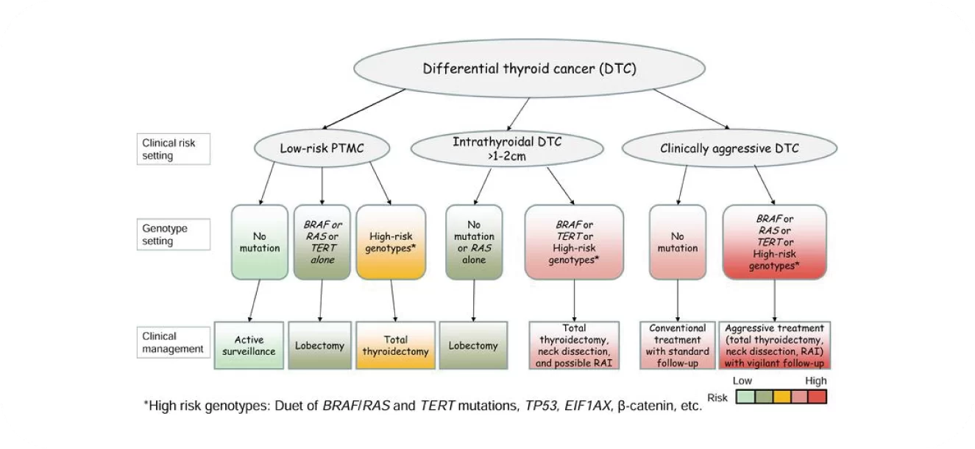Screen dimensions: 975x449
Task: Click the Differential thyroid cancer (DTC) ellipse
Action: point(529,68)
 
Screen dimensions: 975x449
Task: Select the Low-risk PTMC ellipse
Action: point(322,148)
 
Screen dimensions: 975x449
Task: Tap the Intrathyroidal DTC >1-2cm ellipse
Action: point(507,149)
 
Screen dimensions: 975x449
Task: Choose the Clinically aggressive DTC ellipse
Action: point(729,148)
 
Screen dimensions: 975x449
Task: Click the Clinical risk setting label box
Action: point(174,149)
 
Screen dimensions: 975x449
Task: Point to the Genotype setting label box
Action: point(174,234)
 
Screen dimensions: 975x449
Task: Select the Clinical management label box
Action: point(174,342)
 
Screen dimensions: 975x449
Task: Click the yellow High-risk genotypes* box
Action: point(391,242)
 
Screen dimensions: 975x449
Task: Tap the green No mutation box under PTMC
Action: point(260,242)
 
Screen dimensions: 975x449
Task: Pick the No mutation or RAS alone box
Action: point(474,242)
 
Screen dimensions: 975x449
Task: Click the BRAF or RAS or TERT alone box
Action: point(322,242)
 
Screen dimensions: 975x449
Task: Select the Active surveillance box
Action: point(249,345)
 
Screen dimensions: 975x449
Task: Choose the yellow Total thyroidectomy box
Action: point(396,345)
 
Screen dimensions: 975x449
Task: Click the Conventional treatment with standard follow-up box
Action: point(678,345)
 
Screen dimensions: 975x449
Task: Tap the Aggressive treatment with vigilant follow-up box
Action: point(774,345)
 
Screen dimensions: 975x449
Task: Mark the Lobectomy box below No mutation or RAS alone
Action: point(474,345)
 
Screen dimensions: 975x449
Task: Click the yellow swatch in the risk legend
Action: point(781,397)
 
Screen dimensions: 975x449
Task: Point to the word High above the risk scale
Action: point(816,381)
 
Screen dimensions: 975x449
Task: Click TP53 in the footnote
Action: point(541,406)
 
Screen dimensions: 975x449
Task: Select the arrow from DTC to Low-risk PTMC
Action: point(364,109)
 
